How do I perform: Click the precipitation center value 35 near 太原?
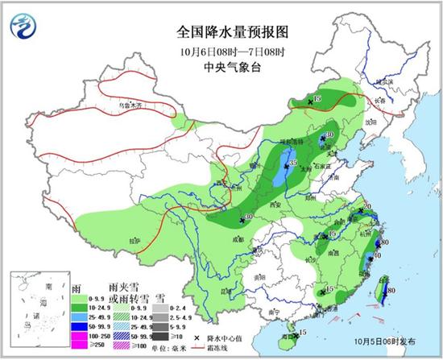pyautogui.click(x=292, y=163)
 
